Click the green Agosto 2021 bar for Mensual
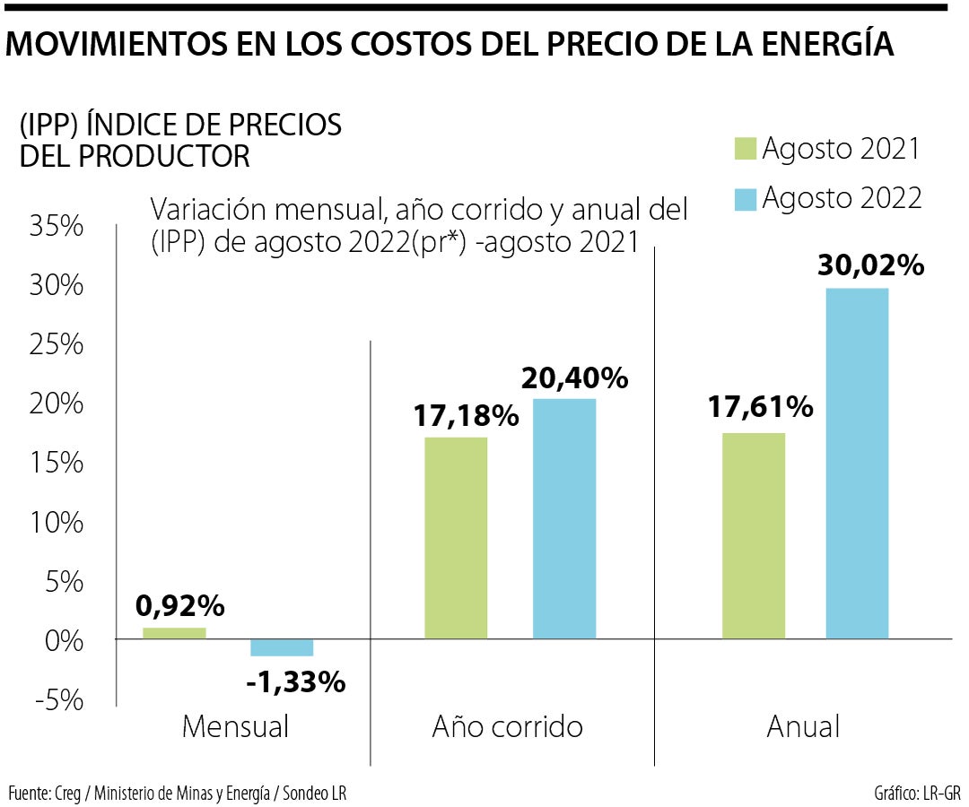tap(174, 633)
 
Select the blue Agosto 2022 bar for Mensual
tap(281, 647)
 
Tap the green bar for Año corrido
tap(456, 538)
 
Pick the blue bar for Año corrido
tap(563, 518)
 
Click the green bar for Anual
tap(753, 535)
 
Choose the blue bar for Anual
tap(857, 463)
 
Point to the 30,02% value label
tap(870, 265)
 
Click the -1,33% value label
tap(295, 682)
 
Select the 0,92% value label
tap(179, 607)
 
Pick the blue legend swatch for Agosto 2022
tap(746, 197)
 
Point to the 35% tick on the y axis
tap(56, 227)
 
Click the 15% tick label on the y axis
tap(56, 464)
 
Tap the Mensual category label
tap(235, 726)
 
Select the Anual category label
tap(803, 726)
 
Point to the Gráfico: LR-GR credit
tap(916, 794)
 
